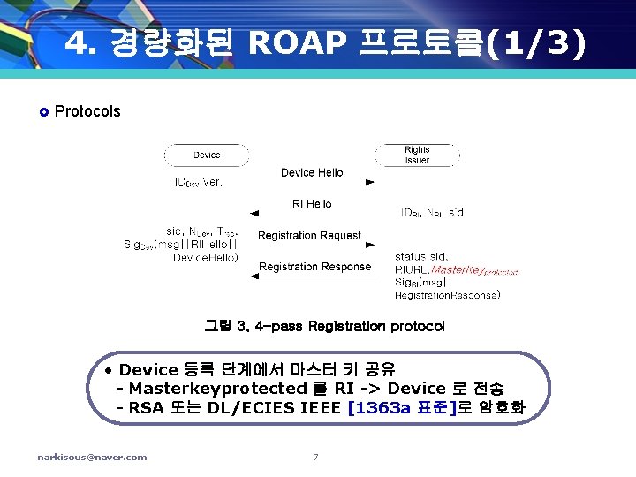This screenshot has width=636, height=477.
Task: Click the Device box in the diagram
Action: point(207,155)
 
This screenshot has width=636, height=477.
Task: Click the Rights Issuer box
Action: point(417,155)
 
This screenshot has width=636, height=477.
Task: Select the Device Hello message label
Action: point(312,172)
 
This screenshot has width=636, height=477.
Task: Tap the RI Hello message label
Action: point(312,204)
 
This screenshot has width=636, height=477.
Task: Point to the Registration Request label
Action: point(309,236)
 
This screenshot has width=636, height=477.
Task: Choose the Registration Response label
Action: point(314,267)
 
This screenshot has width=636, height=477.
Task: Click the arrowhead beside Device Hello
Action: point(369,182)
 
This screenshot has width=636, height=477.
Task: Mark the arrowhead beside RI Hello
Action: point(254,213)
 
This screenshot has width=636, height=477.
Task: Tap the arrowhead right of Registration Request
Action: point(369,245)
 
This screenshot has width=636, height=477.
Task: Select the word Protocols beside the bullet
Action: point(87,111)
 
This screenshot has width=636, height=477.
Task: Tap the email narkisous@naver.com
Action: point(92,457)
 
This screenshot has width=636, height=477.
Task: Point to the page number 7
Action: point(315,457)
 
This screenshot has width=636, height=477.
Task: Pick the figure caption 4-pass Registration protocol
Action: point(349,327)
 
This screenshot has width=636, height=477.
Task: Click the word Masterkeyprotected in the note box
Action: point(218,389)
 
